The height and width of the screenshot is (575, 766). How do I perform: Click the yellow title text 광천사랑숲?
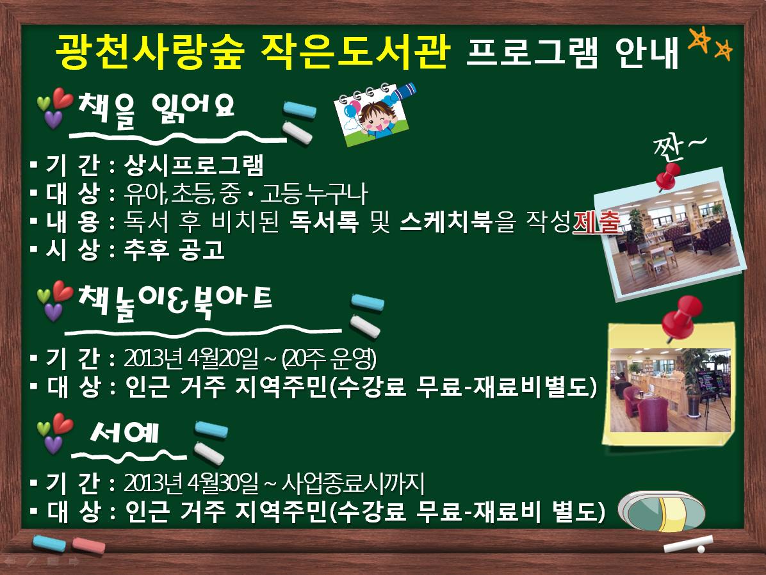[149, 50]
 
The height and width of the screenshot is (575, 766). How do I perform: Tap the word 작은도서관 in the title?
[355, 50]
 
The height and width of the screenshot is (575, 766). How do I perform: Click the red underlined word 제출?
[596, 222]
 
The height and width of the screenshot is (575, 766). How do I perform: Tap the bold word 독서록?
[324, 222]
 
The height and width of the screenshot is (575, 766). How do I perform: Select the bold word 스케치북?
[446, 222]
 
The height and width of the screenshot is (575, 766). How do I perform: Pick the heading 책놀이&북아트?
[174, 302]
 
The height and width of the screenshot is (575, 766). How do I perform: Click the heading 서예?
[125, 432]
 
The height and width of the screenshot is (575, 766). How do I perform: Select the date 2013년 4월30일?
[191, 483]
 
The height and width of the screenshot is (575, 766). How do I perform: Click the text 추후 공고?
[174, 250]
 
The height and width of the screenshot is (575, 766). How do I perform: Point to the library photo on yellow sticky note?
[670, 390]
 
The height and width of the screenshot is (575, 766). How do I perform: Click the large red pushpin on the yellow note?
[682, 316]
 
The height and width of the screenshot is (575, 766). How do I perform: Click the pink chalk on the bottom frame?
[88, 546]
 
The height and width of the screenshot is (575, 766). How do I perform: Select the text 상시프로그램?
[194, 165]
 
